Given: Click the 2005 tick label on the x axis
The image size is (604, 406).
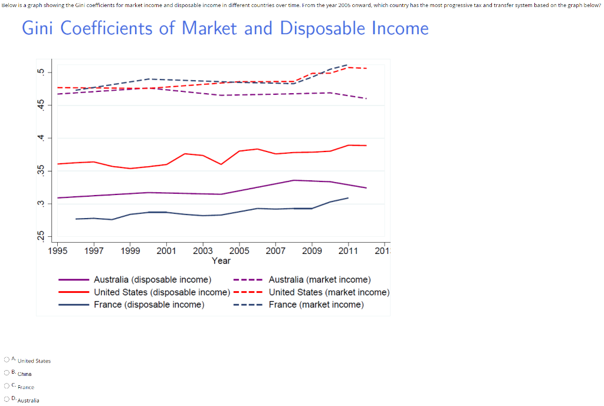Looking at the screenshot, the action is tap(239, 251).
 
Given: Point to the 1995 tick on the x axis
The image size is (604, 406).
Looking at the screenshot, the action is tap(57, 251).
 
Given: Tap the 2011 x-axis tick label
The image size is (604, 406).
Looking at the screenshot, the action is tap(348, 251).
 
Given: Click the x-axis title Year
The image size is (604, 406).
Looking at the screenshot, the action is tap(221, 260).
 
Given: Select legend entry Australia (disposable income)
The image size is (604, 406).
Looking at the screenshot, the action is tap(152, 280).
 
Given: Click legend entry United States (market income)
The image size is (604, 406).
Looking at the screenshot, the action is tap(329, 292).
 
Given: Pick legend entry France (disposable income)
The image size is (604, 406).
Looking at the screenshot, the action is tap(149, 305).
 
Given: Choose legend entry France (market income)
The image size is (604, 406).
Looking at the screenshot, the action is tap(316, 305).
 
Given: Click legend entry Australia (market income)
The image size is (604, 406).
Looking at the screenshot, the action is tap(319, 280).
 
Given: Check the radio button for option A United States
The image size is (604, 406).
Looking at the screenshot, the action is tap(6, 359).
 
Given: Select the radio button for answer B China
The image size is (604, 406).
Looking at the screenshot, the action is tap(6, 372).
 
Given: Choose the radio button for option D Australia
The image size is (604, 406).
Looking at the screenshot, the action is tap(6, 399).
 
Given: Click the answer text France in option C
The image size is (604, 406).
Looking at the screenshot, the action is tap(26, 387).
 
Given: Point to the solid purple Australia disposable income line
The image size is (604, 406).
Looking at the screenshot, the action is tap(147, 193).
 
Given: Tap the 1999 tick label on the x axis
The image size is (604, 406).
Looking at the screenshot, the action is tap(130, 251).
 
